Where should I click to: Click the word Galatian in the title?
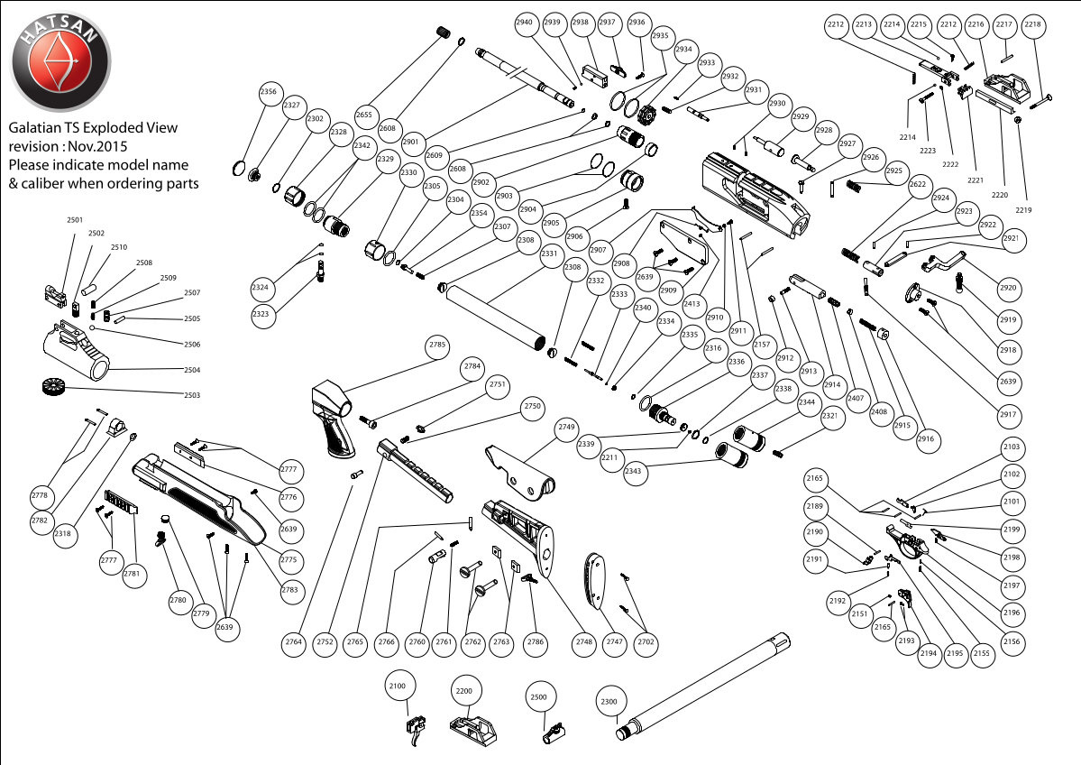click(x=33, y=128)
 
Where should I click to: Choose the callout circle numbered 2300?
click(x=609, y=701)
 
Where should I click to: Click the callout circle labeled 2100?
click(x=398, y=687)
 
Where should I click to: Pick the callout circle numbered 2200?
click(x=464, y=690)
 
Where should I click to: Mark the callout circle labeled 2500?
click(x=539, y=697)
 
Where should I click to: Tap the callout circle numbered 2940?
click(x=526, y=23)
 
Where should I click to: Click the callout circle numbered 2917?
click(x=1009, y=415)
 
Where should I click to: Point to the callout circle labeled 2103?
click(x=1012, y=447)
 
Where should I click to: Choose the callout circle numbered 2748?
click(x=584, y=641)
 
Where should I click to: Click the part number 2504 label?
click(x=192, y=370)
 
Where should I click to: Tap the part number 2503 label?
click(x=192, y=395)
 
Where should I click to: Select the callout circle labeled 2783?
click(x=293, y=590)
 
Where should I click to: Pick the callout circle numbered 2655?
click(x=363, y=115)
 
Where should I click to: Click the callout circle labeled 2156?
click(x=1012, y=641)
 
